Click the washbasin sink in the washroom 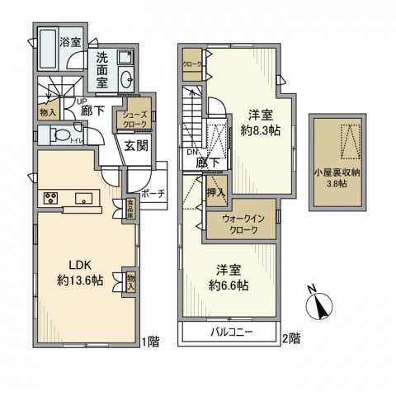pyautogui.click(x=126, y=79)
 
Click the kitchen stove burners pyautogui.click(x=49, y=198)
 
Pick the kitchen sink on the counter pyautogui.click(x=83, y=198)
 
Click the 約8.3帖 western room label pyautogui.click(x=251, y=121)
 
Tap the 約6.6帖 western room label pyautogui.click(x=233, y=278)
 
